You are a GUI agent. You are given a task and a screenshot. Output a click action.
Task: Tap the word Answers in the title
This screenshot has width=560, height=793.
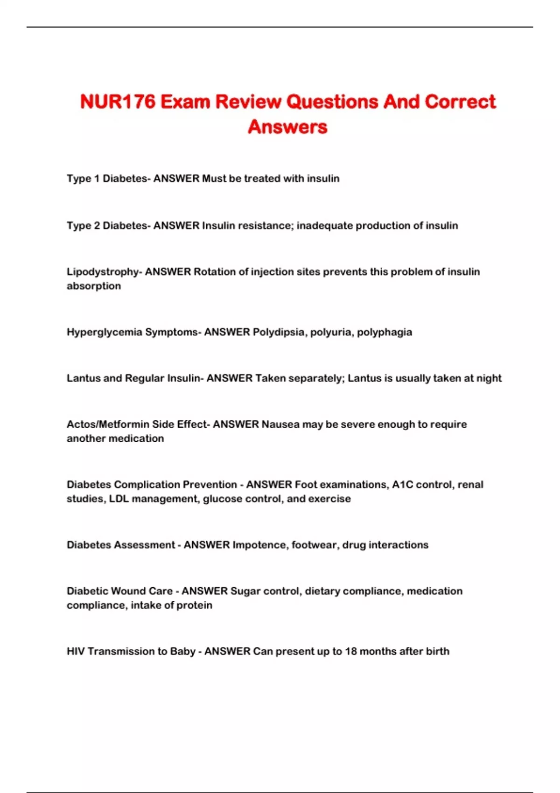[x=287, y=127]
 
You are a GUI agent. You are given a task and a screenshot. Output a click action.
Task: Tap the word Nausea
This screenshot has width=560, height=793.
[x=280, y=424]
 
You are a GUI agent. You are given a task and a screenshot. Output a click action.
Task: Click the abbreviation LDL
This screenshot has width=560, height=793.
[x=119, y=499]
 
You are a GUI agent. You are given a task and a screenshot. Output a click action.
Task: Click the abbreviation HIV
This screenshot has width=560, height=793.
[x=76, y=651]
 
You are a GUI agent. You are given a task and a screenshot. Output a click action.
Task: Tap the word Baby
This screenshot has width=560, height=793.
[x=182, y=651]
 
